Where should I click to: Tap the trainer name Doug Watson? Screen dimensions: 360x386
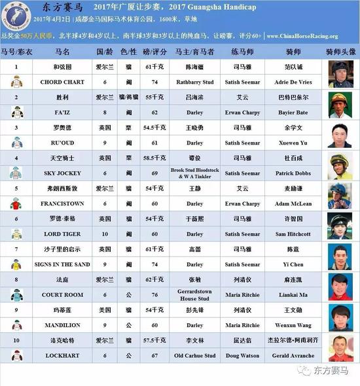tap(242, 355)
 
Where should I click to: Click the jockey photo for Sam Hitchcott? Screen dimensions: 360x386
tap(340, 226)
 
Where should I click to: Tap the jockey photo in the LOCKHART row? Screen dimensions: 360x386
tap(340, 348)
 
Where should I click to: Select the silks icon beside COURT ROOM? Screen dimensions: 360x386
tap(17, 294)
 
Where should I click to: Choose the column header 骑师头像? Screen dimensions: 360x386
tap(340, 50)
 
